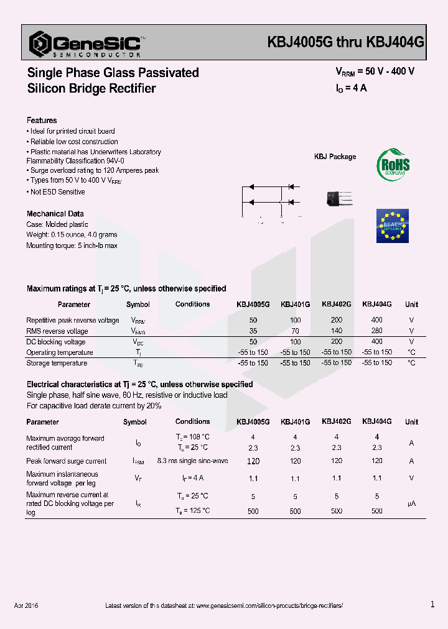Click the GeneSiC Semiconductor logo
tap(87, 44)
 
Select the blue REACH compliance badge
tap(393, 226)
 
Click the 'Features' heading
tap(42, 121)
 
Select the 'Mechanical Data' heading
tap(55, 214)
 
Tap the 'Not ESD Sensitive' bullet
tap(57, 192)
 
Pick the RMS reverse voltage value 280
tap(376, 331)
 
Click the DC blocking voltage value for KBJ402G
tap(336, 342)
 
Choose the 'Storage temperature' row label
tap(57, 363)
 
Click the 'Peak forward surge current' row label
tap(67, 461)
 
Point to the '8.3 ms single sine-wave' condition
tap(193, 461)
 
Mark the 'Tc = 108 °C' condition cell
tap(192, 438)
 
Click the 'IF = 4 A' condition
tap(193, 478)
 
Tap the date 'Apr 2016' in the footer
tap(26, 605)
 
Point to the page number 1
tap(432, 604)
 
